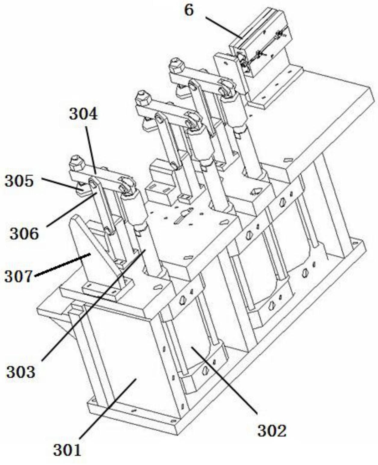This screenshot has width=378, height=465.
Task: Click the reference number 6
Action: [189, 10]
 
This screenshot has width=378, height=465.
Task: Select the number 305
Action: [19, 181]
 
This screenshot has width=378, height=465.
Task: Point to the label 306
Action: [24, 234]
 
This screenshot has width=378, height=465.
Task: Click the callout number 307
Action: [19, 276]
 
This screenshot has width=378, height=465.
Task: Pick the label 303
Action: [21, 372]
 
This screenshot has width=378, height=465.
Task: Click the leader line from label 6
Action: [224, 28]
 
